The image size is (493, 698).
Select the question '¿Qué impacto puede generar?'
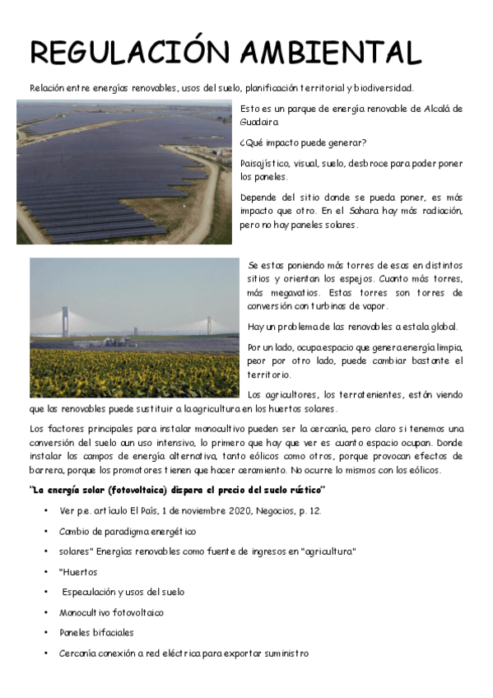pyautogui.click(x=304, y=142)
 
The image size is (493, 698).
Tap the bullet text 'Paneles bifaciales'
pyautogui.click(x=96, y=633)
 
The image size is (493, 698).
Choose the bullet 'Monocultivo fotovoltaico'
pyautogui.click(x=111, y=612)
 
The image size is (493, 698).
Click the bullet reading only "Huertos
pyautogui.click(x=78, y=572)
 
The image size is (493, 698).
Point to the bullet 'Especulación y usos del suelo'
pyautogui.click(x=123, y=592)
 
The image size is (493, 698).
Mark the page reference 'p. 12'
pyautogui.click(x=310, y=510)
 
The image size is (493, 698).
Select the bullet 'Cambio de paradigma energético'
pyautogui.click(x=128, y=532)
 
